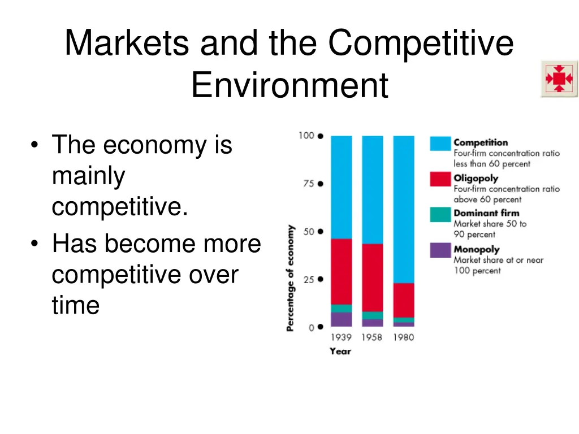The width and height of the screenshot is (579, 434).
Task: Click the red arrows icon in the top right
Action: [x=559, y=79]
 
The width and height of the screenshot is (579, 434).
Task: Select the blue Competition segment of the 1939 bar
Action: [x=341, y=186]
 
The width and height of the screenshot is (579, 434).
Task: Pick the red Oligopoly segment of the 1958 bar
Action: [x=372, y=277]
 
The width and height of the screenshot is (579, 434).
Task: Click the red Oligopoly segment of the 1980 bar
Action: [x=403, y=300]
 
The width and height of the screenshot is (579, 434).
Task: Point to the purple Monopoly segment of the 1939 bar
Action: [x=341, y=319]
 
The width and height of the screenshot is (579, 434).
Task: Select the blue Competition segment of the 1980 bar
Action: [x=403, y=209]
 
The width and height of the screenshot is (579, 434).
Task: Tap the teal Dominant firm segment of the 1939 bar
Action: [x=341, y=308]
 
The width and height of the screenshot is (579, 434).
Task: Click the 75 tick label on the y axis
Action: [x=306, y=184]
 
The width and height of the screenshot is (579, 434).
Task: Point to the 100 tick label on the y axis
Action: [x=305, y=136]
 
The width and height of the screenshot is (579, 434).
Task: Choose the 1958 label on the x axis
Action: [x=372, y=337]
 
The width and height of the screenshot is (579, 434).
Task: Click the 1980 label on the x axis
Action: [x=403, y=337]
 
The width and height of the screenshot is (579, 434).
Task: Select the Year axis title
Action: [x=340, y=351]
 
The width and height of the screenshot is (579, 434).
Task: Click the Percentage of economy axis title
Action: [x=290, y=278]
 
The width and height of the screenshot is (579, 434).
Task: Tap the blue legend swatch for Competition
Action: [x=440, y=144]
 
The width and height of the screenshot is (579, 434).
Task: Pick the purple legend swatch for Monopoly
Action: [x=440, y=250]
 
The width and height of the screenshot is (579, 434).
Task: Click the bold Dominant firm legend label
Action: [x=486, y=213]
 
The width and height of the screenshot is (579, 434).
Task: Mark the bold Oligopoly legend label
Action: [x=476, y=178]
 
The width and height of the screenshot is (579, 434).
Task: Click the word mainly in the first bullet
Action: [x=88, y=176]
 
